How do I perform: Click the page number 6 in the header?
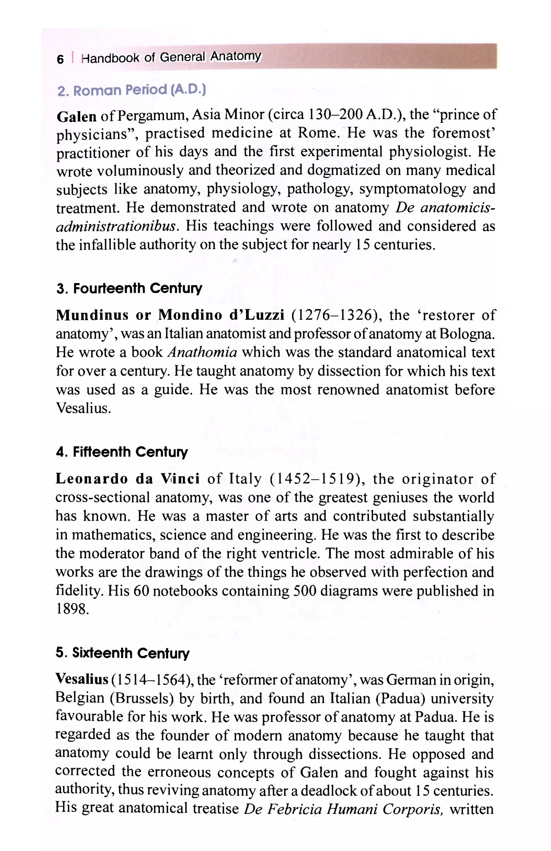(x=60, y=59)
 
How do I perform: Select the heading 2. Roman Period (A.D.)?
(x=131, y=90)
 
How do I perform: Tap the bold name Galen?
(x=76, y=116)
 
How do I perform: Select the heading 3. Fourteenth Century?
(x=129, y=288)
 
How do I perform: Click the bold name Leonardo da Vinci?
(x=127, y=479)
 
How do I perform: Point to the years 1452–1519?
(x=316, y=479)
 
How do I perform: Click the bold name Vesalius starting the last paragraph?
(x=82, y=679)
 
